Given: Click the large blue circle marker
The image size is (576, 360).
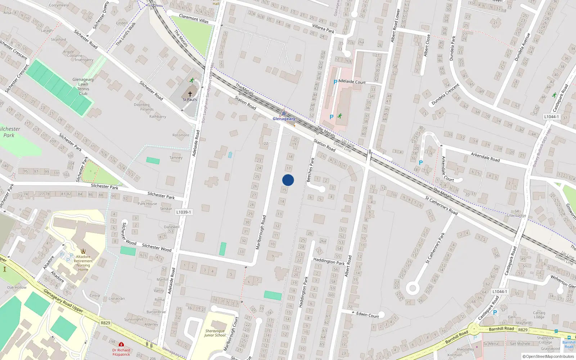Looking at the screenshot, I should pyautogui.click(x=288, y=180).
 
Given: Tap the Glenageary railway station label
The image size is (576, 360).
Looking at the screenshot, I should pyautogui.click(x=284, y=119).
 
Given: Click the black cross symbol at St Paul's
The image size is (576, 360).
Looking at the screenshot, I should pyautogui.click(x=190, y=94).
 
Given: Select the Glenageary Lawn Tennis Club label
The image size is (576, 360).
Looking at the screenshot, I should pyautogui.click(x=83, y=86).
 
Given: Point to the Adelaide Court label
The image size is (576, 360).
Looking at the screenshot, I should pyautogui.click(x=352, y=82).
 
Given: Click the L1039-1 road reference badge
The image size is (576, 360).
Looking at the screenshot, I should pyautogui.click(x=184, y=212).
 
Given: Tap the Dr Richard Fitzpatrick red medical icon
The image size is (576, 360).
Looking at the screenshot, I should pyautogui.click(x=121, y=345).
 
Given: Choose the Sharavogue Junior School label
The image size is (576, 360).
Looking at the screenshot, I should pyautogui.click(x=215, y=333).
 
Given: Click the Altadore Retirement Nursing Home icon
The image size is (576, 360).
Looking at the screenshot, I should pyautogui.click(x=83, y=251).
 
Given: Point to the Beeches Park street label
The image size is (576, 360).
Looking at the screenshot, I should pyautogui.click(x=310, y=170).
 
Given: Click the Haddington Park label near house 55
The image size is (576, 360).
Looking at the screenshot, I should pyautogui.click(x=329, y=261).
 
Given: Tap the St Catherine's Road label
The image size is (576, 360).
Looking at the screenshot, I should pyautogui.click(x=441, y=206).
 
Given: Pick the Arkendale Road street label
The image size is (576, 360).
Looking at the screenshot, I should pyautogui.click(x=485, y=157).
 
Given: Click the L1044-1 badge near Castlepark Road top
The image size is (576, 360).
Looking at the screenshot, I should pyautogui.click(x=551, y=117).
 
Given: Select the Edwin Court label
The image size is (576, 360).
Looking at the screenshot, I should pyautogui.click(x=367, y=315).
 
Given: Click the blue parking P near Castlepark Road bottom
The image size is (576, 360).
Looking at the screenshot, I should pyautogui.click(x=495, y=312).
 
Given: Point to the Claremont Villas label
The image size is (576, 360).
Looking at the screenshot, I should pyautogui.click(x=194, y=18).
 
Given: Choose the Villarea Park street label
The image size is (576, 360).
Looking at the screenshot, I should pyautogui.click(x=323, y=29).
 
